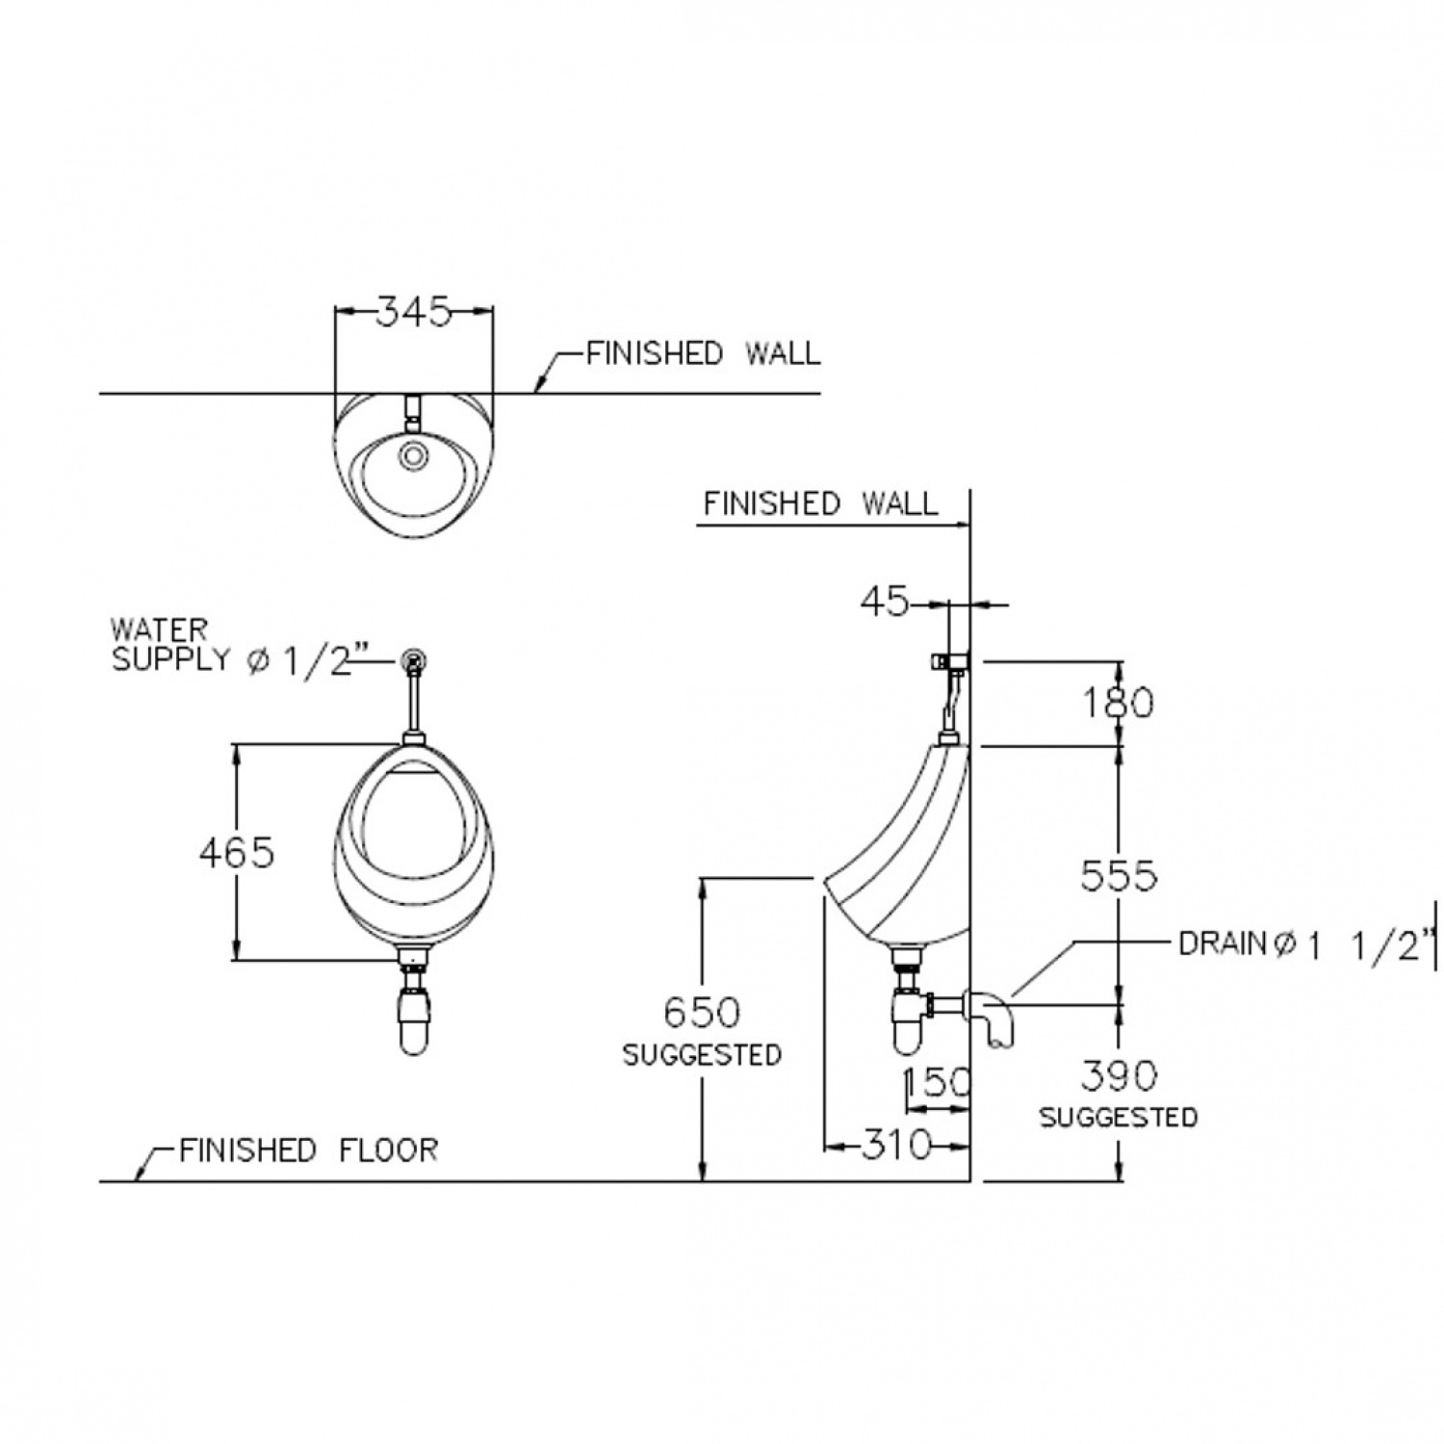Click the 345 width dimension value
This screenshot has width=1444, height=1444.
coord(413,311)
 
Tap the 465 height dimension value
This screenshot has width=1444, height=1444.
coord(237,852)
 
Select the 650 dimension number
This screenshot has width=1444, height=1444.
coord(703,1012)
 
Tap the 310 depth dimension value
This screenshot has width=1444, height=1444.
coord(896,1145)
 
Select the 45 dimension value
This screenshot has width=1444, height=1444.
coord(884,603)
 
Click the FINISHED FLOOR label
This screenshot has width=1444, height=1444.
coord(308,1149)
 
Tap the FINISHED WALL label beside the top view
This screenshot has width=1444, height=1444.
coord(704,353)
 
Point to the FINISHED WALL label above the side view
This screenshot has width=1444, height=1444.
coord(820,503)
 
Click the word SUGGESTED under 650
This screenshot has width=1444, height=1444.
coord(702,1055)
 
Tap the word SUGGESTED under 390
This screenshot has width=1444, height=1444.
coord(1119,1118)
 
